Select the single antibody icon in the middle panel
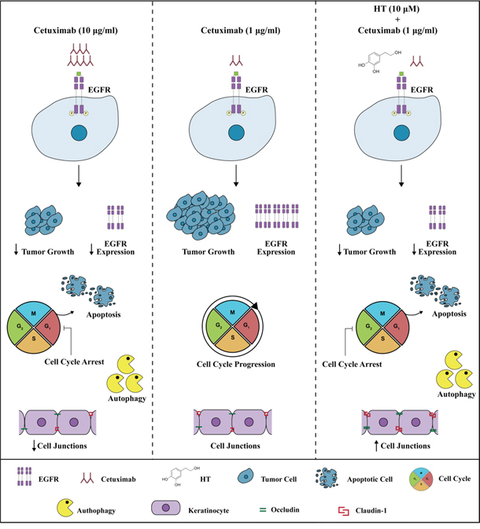click(x=235, y=60)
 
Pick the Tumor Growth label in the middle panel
click(x=200, y=252)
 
